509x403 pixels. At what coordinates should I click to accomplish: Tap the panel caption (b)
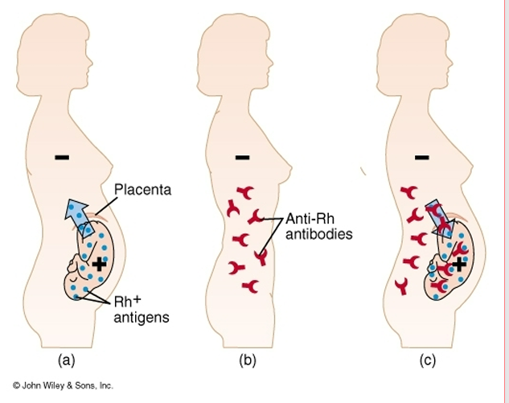coord(247,360)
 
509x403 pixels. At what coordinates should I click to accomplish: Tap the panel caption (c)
coord(427,360)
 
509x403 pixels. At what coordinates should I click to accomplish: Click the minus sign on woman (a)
coord(61,156)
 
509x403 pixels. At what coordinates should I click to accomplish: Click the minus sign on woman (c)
coord(422,156)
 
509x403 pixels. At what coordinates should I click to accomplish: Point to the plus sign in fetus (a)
coord(98,263)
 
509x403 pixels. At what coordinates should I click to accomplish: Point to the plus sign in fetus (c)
coord(458,263)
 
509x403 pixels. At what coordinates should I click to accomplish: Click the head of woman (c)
coord(412,40)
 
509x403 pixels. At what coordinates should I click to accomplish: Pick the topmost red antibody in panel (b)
coord(243,193)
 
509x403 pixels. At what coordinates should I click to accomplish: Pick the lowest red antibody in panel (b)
coord(251,286)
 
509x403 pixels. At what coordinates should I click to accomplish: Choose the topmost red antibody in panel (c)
coord(409,191)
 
